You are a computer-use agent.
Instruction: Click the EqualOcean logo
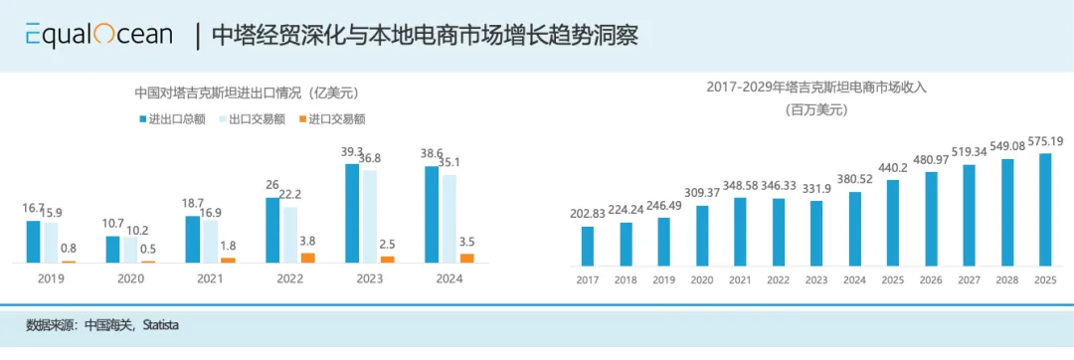[x=98, y=35]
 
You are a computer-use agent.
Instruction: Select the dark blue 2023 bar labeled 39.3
[x=352, y=213]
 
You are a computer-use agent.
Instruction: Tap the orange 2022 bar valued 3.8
[x=307, y=257]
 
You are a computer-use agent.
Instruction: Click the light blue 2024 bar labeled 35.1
[x=449, y=219]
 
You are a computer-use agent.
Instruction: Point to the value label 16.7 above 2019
[x=32, y=208]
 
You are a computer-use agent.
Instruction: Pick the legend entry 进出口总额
[x=170, y=118]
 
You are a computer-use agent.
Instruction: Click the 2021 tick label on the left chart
[x=209, y=278]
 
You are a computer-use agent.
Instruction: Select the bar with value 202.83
[x=587, y=246]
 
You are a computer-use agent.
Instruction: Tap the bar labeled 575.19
[x=1045, y=209]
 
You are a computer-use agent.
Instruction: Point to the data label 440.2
[x=892, y=169]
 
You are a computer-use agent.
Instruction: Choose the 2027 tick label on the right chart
[x=969, y=279]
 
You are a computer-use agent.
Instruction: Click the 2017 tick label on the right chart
[x=587, y=279]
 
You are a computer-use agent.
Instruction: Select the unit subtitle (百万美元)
[x=816, y=109]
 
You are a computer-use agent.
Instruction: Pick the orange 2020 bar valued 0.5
[x=148, y=262]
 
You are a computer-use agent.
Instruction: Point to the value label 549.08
[x=1005, y=145]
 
